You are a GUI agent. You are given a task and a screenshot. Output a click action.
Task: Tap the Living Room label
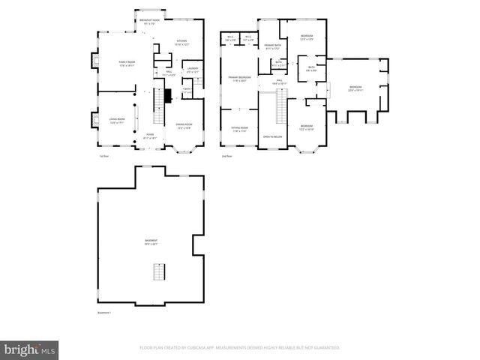pos(115,121)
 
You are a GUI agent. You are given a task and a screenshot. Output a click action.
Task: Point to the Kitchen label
pos(181,43)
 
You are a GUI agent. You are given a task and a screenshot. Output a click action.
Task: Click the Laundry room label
pos(193,71)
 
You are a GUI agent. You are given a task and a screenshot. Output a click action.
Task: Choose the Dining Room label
pos(184,127)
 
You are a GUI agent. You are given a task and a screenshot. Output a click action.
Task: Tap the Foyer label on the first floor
pos(151,136)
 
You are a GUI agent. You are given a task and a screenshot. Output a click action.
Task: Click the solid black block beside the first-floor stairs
pos(168,94)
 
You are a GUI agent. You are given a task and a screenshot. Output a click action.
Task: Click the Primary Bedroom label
pos(240,79)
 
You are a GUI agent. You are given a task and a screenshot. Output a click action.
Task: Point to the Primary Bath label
pos(272,46)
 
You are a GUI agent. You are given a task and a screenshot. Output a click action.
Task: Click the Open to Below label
pos(272,136)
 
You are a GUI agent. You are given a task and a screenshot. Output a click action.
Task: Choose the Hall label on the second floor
pos(279,81)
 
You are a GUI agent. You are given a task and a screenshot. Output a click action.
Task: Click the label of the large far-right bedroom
pos(355,88)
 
